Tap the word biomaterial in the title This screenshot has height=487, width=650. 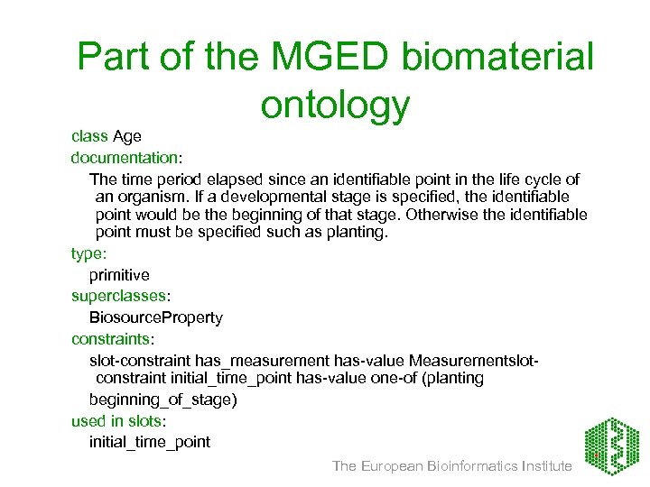point(498,57)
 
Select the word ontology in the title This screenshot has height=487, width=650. point(335,105)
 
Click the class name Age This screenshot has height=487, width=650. point(127,136)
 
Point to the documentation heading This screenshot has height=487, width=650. point(113,157)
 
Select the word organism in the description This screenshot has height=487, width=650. point(159,197)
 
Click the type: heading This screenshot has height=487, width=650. point(89,255)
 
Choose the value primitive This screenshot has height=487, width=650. point(119,274)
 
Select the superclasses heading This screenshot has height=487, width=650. point(118,296)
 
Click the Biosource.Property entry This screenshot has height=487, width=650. point(155,317)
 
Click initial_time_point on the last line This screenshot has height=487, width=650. point(149,442)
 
